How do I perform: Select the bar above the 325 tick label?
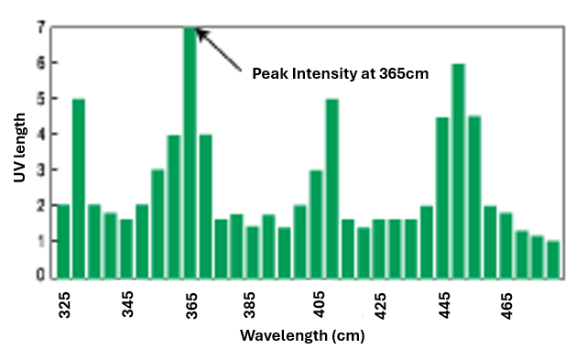[63, 241]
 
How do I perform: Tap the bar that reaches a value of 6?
[458, 170]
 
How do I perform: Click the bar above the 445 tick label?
[442, 197]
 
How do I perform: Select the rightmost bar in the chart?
[553, 259]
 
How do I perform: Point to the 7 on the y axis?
[40, 27]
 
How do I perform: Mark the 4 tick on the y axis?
[40, 134]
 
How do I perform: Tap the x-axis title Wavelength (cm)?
[302, 335]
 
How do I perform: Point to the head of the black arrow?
[200, 32]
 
